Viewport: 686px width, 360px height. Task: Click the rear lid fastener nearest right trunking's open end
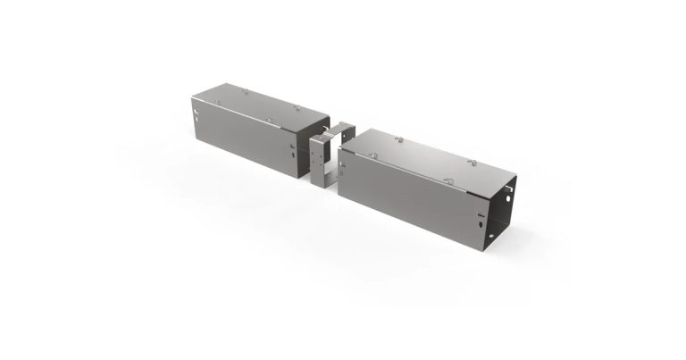pyautogui.click(x=472, y=163)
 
